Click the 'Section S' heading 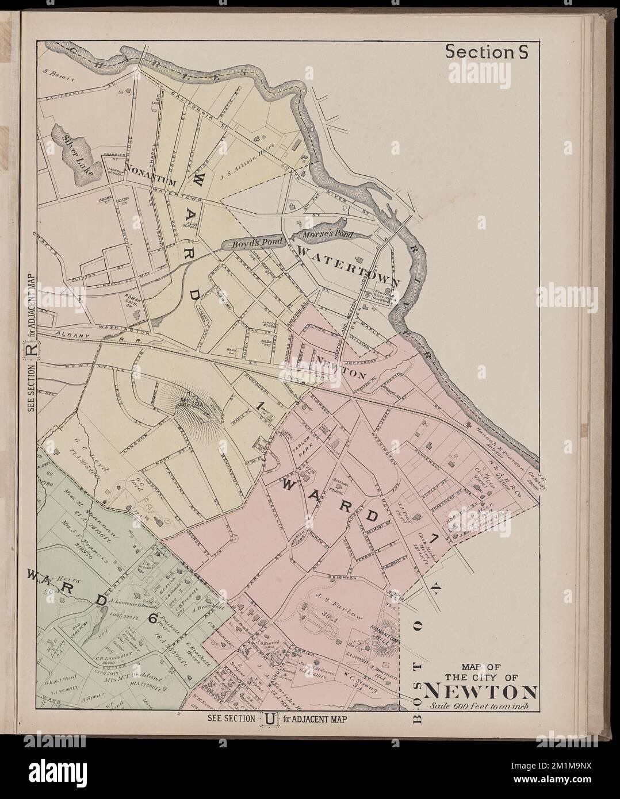click(487, 52)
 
